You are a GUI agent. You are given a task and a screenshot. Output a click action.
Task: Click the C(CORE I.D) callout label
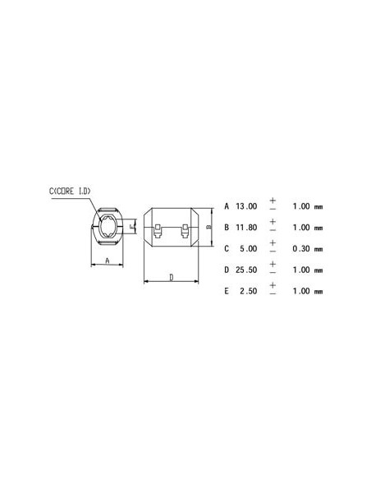71,192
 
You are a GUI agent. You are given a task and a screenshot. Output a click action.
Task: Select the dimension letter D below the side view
171,278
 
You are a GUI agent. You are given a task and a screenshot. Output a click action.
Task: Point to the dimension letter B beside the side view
209,226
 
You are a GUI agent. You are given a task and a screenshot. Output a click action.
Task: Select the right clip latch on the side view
184,234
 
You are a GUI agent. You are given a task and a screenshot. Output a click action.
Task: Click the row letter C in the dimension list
227,248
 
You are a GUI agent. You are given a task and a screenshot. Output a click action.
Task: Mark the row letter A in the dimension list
227,206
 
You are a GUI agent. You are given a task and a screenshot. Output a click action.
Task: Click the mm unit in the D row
318,270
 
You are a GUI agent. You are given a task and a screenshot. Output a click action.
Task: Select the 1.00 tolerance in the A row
301,206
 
